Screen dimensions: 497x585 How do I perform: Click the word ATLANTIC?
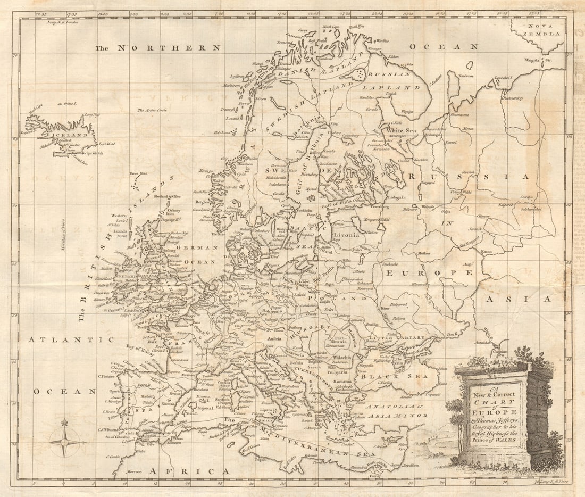71,339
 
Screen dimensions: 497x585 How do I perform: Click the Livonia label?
346,234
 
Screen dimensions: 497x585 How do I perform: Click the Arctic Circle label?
152,110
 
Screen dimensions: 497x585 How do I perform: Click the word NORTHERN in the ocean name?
169,48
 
